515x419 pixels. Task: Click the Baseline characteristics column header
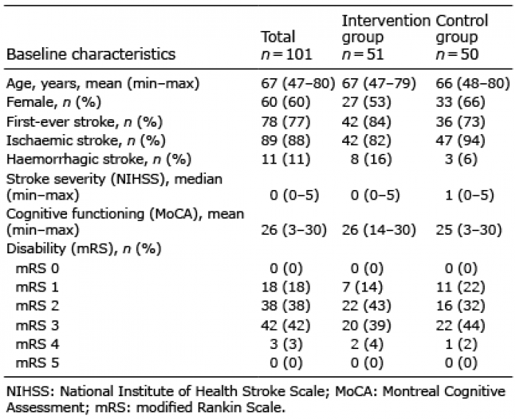point(91,54)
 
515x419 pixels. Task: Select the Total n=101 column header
point(286,46)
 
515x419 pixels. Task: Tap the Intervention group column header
point(386,37)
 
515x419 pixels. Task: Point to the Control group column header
point(462,37)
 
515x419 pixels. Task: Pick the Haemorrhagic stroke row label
point(99,159)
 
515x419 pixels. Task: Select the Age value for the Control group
point(473,83)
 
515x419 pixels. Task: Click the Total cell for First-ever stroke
point(285,122)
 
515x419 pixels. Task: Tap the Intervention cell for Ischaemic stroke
point(366,141)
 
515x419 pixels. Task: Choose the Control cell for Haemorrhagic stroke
point(461,159)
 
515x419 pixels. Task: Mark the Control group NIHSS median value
point(469,196)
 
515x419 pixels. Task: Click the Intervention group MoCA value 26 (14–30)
point(379,230)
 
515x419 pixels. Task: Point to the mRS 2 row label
point(37,306)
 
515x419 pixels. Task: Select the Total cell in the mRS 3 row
point(285,325)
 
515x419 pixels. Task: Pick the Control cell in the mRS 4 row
point(461,344)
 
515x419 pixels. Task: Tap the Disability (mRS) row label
point(84,249)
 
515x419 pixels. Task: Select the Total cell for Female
point(285,102)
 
